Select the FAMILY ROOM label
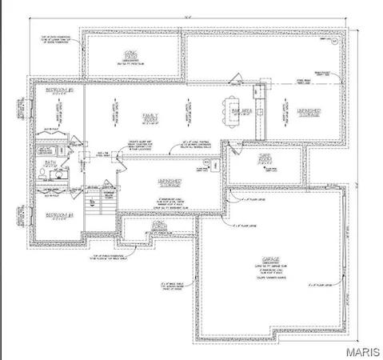coord(149,118)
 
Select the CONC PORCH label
coord(160,227)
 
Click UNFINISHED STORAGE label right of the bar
coord(309,114)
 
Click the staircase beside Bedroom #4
coord(94,212)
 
